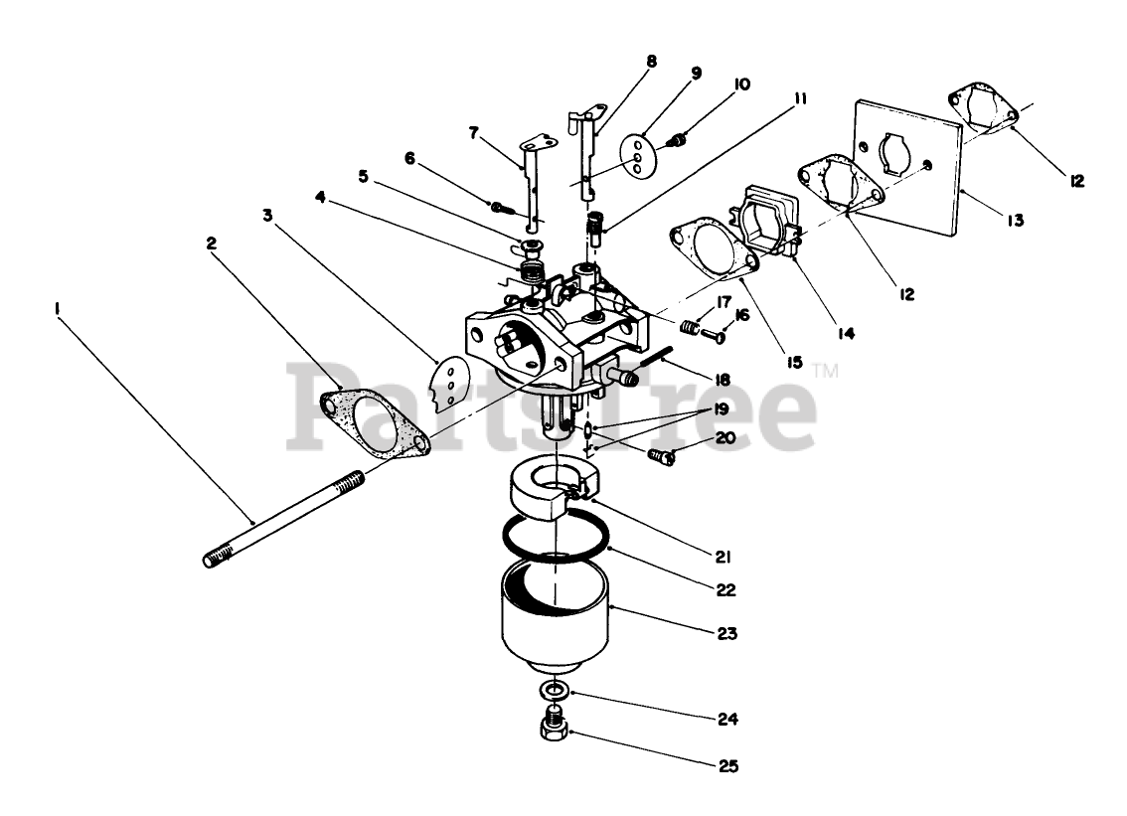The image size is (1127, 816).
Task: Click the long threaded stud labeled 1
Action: [283, 518]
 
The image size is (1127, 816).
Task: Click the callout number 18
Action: [722, 379]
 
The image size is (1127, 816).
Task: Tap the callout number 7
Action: [474, 131]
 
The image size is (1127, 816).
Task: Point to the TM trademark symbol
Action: [826, 371]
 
